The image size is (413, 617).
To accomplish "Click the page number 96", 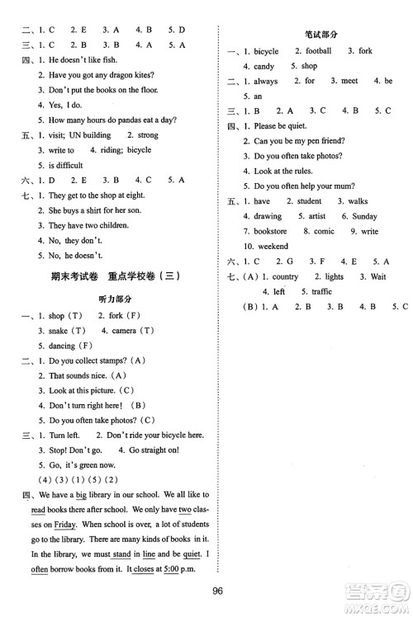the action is point(218,590).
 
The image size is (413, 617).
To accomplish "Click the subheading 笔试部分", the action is point(317,34).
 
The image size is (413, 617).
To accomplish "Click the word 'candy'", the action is point(263,66).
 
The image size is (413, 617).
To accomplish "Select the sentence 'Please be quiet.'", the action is point(280,126).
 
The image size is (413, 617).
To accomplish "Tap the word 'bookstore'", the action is point(270,231).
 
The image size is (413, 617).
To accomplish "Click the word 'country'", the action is point(285,276).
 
